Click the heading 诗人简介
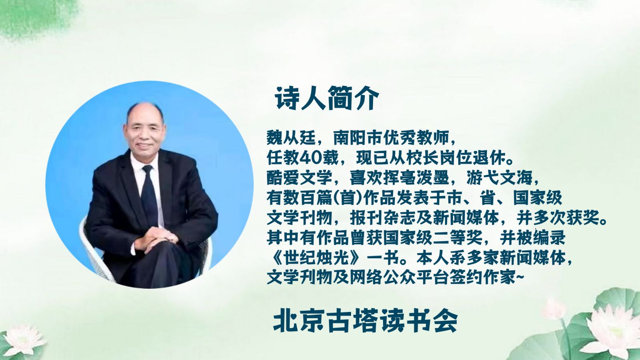pyautogui.click(x=327, y=99)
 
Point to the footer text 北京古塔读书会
pyautogui.click(x=365, y=321)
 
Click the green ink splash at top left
pyautogui.click(x=34, y=18)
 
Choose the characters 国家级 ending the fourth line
pyautogui.click(x=538, y=198)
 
